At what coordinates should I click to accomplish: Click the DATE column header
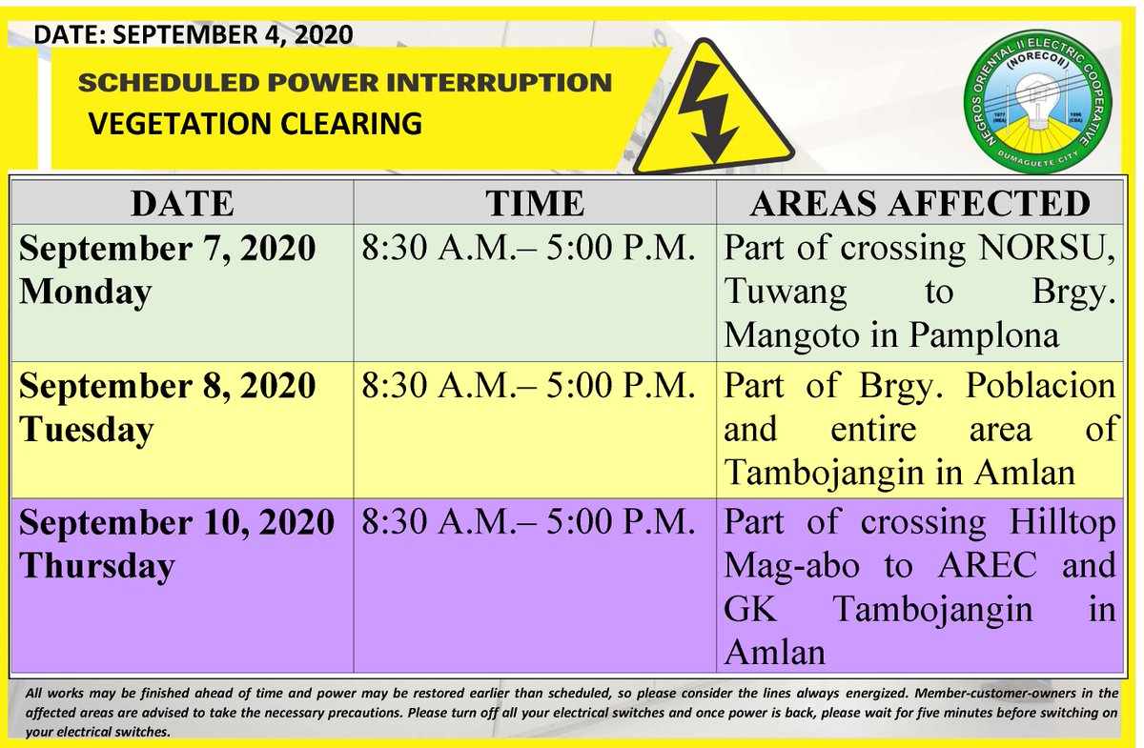pos(183,204)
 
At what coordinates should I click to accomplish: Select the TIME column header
pos(535,204)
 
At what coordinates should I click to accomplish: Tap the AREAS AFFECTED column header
pos(920,204)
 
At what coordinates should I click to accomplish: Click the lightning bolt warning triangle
pos(712,109)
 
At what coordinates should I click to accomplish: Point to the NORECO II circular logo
pos(1038,101)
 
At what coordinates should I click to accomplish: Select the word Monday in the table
pos(86,293)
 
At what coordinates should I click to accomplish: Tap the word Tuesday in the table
pos(87,430)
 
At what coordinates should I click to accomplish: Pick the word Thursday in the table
pos(97,567)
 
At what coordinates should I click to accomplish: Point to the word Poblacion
pos(1040,385)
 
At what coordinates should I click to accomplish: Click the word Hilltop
pos(1062,523)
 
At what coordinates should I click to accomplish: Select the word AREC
pos(988,565)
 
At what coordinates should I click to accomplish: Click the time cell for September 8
pos(528,385)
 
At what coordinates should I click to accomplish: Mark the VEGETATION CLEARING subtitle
pos(255,124)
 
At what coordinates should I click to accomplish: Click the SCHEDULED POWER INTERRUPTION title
pos(345,83)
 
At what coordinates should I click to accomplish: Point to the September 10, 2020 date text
pos(176,522)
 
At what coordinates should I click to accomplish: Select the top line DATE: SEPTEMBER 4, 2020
pos(193,34)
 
